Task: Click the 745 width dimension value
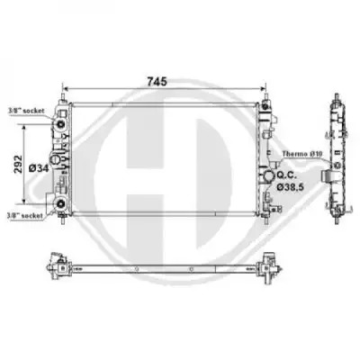click(157, 81)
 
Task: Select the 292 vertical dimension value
click(19, 164)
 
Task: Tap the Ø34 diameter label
click(39, 168)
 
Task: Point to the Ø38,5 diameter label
click(290, 187)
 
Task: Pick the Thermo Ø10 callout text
click(301, 154)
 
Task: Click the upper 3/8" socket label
click(26, 111)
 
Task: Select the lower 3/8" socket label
click(25, 215)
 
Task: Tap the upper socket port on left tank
click(61, 124)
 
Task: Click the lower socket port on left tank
click(61, 203)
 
